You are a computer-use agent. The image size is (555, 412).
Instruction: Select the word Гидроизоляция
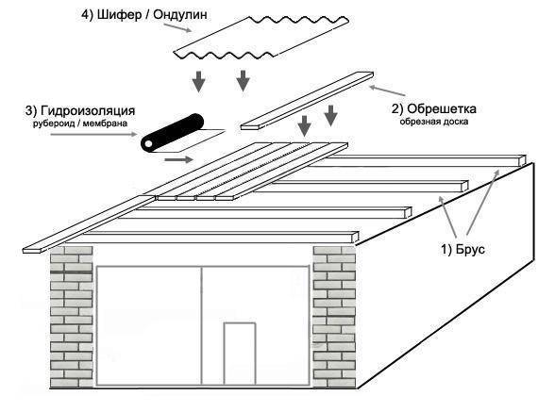coord(88,110)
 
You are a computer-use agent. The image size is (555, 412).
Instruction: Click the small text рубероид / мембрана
coord(80,124)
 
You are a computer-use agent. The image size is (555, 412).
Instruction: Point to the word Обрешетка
coord(442,109)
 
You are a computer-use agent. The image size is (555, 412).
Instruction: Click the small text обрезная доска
coord(434,122)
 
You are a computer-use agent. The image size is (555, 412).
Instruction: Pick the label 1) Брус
coord(462,250)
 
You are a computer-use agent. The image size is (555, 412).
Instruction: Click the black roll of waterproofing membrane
coord(172,133)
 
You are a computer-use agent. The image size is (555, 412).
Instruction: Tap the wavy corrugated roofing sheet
coord(261,38)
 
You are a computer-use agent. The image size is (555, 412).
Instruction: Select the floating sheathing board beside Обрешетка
coord(307,101)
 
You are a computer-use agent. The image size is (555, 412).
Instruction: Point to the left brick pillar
coord(72,317)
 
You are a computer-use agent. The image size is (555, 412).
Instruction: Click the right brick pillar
coord(334,317)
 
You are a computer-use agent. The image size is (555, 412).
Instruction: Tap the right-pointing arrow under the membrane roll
coord(178,159)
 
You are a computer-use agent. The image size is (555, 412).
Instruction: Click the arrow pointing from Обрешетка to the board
coord(387,91)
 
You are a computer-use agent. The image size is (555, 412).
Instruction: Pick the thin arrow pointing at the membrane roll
coord(93,135)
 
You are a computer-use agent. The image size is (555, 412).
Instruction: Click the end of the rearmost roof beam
coord(522,160)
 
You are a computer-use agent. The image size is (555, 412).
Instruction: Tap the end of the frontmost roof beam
coord(355,238)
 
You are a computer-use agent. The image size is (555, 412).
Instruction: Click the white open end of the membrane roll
coord(147,144)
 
